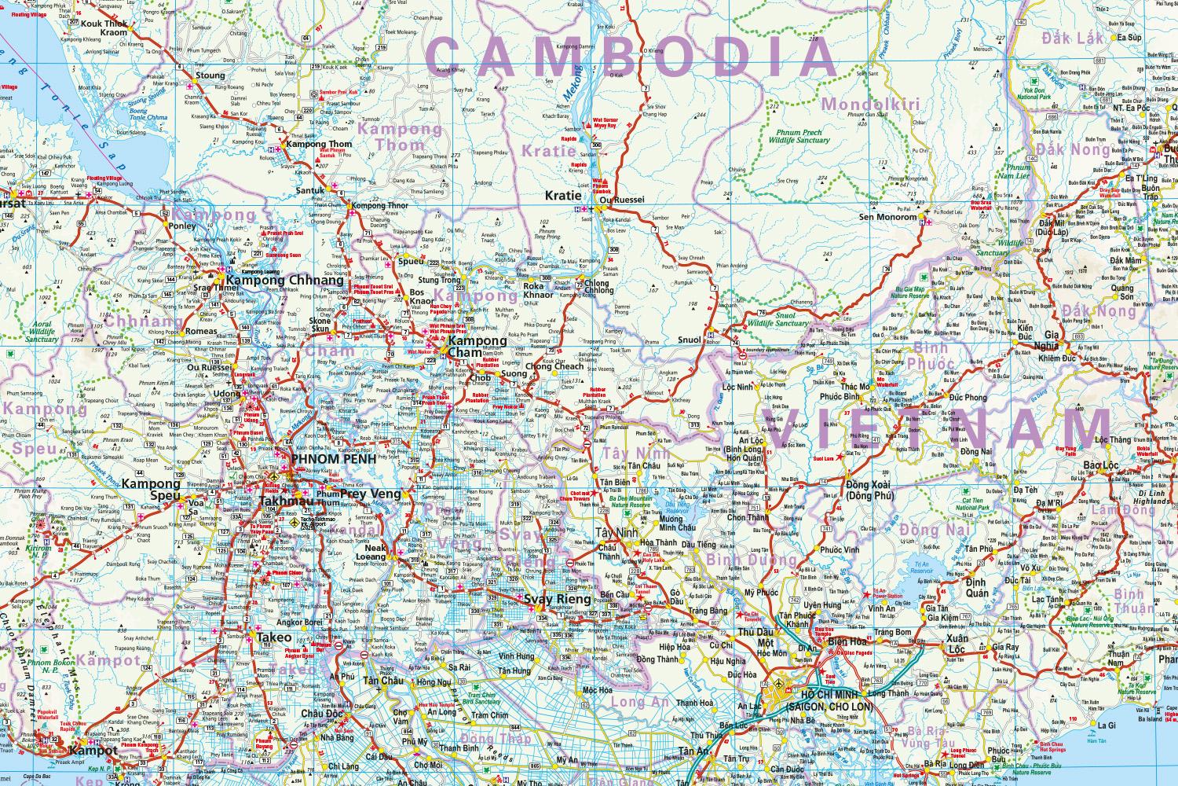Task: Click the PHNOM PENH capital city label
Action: click(x=324, y=458)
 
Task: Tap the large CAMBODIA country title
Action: click(x=632, y=57)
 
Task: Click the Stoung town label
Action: click(x=210, y=76)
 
